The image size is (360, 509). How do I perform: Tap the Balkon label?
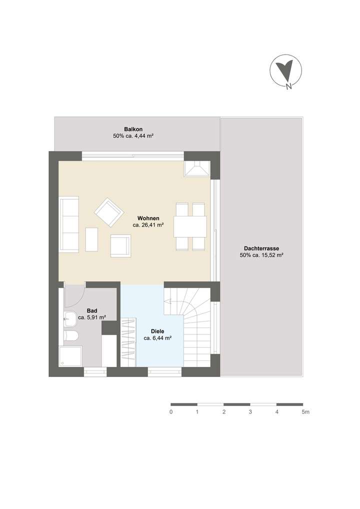click(x=133, y=129)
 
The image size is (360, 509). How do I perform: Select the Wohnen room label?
click(x=148, y=218)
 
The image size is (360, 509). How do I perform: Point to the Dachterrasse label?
click(x=261, y=248)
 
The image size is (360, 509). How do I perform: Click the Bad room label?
click(x=92, y=310)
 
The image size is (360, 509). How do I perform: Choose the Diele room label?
click(x=157, y=331)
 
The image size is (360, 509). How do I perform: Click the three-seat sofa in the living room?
click(x=69, y=224)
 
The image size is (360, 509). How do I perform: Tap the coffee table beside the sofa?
click(x=91, y=239)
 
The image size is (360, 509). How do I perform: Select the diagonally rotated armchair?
click(x=109, y=212)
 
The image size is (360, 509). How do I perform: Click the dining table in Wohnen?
click(x=190, y=226)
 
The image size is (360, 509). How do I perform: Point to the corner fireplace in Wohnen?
click(x=197, y=168)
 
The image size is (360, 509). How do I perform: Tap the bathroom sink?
click(x=69, y=318)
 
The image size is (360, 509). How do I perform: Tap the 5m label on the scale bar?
click(x=305, y=412)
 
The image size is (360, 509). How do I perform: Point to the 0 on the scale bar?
click(x=171, y=412)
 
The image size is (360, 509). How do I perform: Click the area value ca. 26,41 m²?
click(x=148, y=225)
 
